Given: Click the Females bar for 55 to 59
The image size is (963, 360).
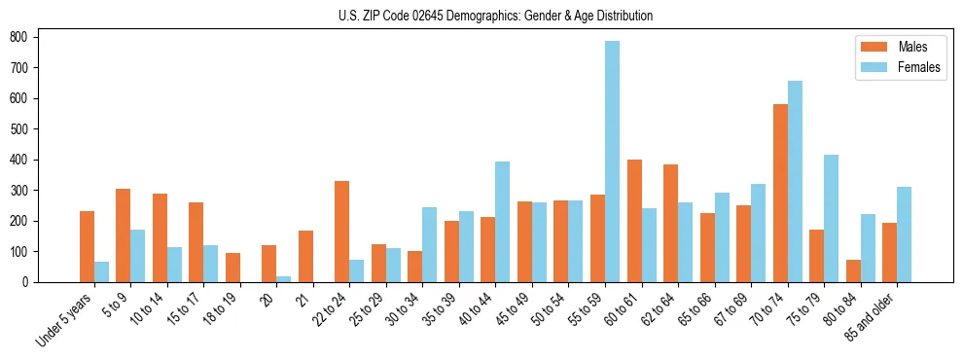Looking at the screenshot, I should click(612, 162).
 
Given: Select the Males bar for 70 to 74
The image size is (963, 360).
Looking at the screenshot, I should click(780, 193).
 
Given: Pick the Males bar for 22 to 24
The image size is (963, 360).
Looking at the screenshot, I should click(342, 232).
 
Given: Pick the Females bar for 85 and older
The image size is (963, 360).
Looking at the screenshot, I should click(904, 234).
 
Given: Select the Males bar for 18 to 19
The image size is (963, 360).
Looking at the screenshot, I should click(232, 268).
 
